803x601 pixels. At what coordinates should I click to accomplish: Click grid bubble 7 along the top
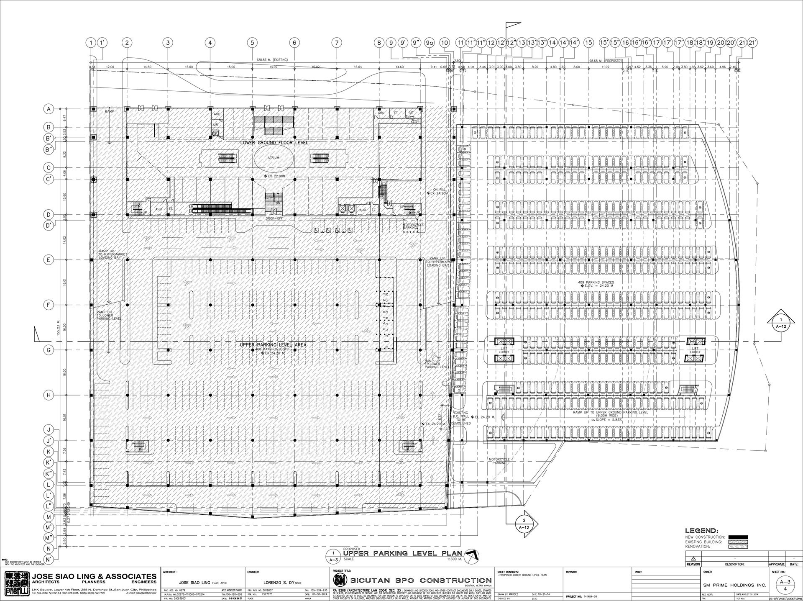coord(336,42)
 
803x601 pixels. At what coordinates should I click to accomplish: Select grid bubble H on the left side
coord(49,395)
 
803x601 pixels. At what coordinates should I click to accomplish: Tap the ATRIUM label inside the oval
coord(274,157)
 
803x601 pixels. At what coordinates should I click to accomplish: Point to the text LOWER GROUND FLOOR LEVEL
coord(274,143)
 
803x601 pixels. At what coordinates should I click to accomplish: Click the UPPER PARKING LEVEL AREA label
coord(273,345)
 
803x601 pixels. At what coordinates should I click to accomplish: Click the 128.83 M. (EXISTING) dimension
coord(273,60)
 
